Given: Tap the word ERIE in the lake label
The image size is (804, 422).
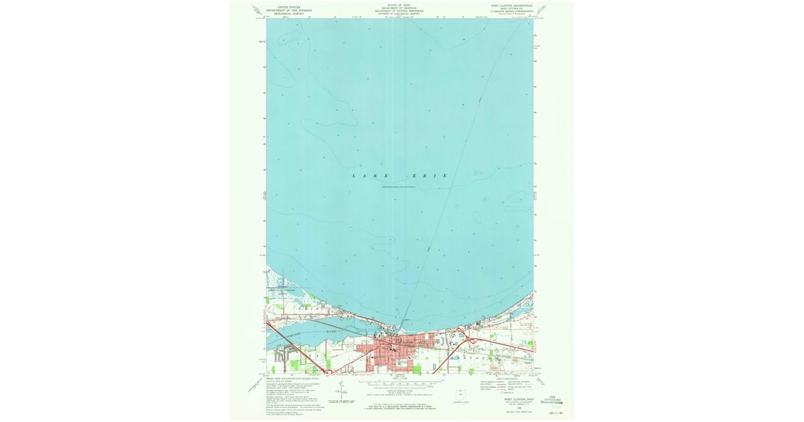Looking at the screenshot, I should click(x=429, y=175).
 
